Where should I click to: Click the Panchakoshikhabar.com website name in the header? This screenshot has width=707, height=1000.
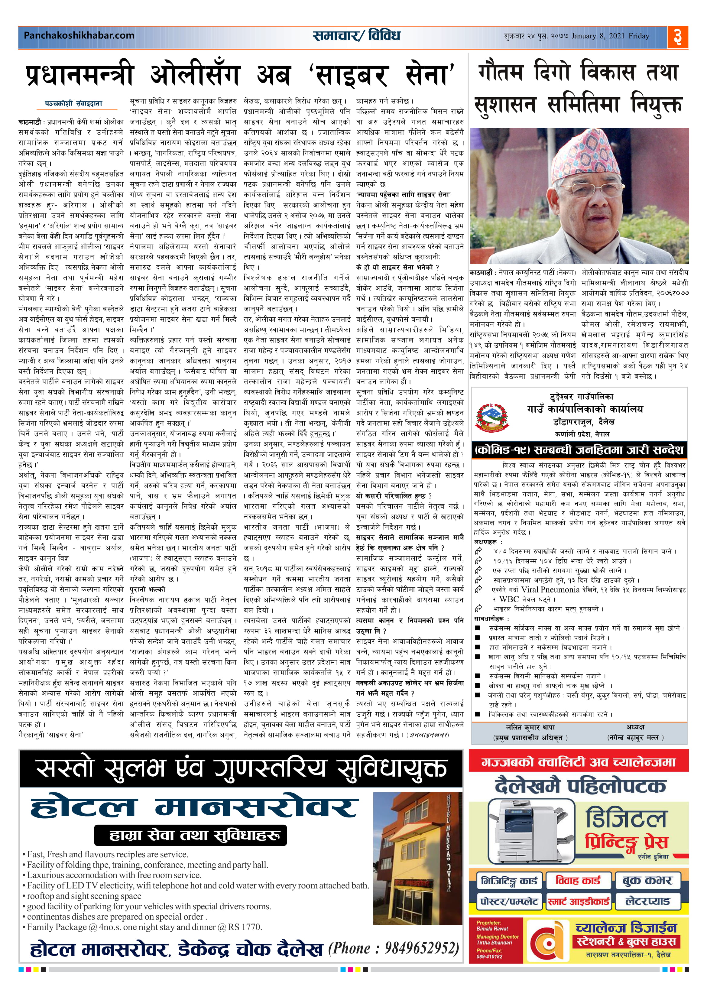coord(79,35)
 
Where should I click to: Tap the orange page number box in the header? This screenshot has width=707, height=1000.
coord(677,37)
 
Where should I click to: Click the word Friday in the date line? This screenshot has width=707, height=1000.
coord(639,36)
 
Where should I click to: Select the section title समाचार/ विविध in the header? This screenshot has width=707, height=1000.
coord(356,36)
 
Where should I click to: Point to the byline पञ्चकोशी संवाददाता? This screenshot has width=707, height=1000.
coord(74,104)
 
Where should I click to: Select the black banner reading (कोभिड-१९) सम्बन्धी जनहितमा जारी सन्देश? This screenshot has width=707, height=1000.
coord(579,450)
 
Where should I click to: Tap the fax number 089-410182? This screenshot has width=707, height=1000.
coord(489,957)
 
